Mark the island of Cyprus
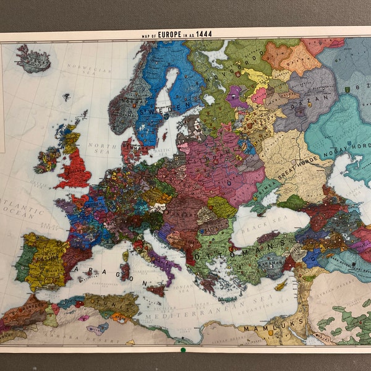pos(281,286)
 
